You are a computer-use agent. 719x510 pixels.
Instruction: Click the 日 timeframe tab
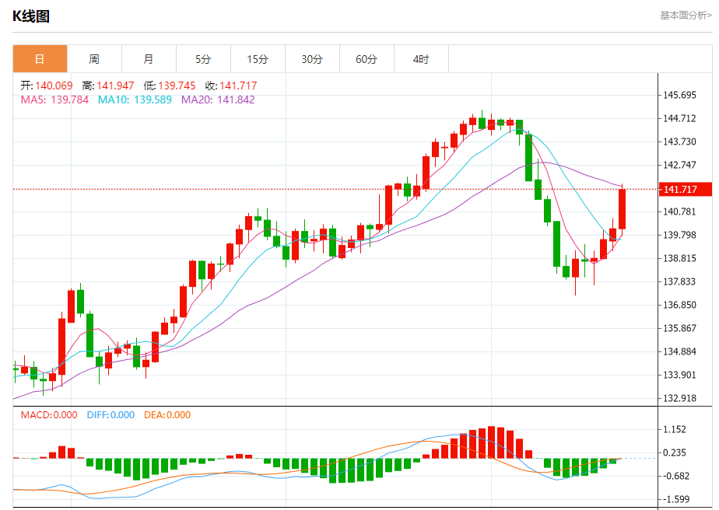tap(40, 59)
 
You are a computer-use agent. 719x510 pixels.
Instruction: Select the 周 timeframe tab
tap(94, 59)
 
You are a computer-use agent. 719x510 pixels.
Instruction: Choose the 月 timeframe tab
tap(149, 59)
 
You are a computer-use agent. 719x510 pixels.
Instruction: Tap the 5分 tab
tap(203, 59)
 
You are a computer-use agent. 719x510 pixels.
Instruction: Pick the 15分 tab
tap(258, 59)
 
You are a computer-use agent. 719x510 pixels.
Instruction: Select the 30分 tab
tap(312, 59)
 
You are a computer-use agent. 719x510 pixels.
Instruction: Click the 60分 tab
tap(367, 59)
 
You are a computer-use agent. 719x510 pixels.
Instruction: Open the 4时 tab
tap(421, 59)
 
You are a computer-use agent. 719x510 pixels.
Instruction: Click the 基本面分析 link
tap(685, 15)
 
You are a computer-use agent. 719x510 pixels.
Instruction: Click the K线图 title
tap(31, 16)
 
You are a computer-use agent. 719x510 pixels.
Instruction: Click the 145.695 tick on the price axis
tap(679, 95)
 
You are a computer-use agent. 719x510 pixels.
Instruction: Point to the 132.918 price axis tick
tap(679, 398)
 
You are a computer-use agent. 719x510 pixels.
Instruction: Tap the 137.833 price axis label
tap(679, 281)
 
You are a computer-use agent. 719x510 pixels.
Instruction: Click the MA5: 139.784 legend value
tap(54, 100)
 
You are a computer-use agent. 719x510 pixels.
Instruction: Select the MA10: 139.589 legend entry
tap(135, 100)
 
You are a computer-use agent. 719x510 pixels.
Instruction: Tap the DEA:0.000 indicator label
tap(167, 415)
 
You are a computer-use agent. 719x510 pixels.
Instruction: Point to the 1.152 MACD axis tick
tap(674, 429)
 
